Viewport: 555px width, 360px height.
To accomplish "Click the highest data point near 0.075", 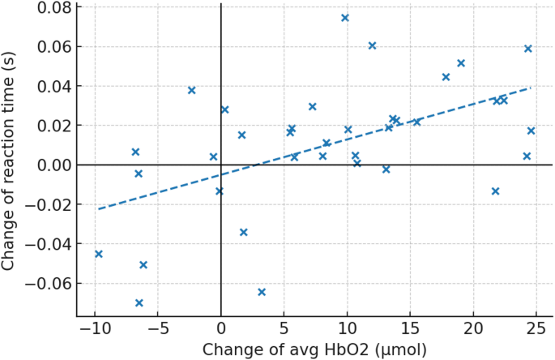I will tap(345, 18).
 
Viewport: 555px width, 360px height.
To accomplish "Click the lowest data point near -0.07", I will tap(139, 303).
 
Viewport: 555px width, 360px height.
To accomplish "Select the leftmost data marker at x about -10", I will tap(99, 254).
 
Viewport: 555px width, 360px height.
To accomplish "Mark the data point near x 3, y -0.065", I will tap(262, 292).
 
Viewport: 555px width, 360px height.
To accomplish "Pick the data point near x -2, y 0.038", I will tap(192, 90).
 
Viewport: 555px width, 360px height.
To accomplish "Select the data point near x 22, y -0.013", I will tap(496, 191).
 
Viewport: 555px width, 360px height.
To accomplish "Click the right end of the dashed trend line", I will tap(531, 88).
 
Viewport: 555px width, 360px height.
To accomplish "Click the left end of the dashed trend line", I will tap(98, 209).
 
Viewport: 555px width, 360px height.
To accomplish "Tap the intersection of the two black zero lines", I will tap(221, 165).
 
